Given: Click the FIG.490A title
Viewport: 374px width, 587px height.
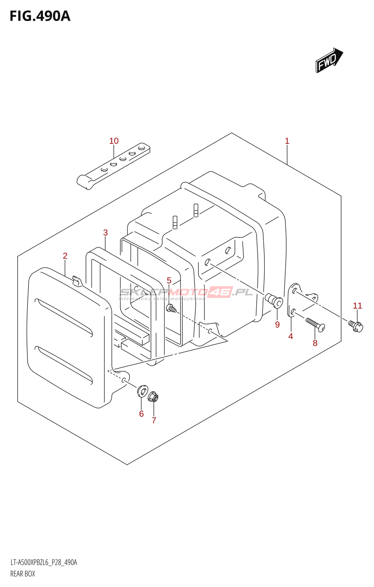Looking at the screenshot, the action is [x=40, y=16].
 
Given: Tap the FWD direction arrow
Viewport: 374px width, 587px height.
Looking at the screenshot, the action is [x=329, y=60].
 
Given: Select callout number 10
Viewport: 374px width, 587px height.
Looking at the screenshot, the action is [x=114, y=141].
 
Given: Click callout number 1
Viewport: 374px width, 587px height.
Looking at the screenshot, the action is [x=287, y=141].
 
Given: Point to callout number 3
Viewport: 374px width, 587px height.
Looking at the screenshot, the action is [x=106, y=233].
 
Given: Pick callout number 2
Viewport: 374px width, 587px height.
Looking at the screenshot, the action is [x=65, y=256].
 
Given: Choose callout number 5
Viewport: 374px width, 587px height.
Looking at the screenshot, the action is [x=169, y=281].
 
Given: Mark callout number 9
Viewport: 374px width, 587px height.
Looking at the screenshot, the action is [x=277, y=325].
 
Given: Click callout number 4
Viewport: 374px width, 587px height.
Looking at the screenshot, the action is [x=291, y=336].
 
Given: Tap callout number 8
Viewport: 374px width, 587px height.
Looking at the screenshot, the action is [x=315, y=343].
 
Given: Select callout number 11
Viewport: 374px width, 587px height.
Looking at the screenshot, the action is [x=357, y=306].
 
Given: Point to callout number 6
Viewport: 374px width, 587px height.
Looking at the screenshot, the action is [x=142, y=414].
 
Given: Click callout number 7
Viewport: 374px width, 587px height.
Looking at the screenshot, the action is [x=154, y=420].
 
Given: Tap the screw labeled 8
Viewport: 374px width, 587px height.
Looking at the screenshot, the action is [x=315, y=324].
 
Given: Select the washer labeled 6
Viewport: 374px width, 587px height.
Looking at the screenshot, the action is [x=142, y=391].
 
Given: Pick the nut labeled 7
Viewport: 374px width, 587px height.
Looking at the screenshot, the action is [x=153, y=397].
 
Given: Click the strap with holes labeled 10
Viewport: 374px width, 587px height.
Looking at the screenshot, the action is [x=114, y=166].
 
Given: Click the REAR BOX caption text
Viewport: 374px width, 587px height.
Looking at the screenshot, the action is [x=23, y=574].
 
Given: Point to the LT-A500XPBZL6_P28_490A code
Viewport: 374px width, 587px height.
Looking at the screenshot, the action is [x=44, y=562].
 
